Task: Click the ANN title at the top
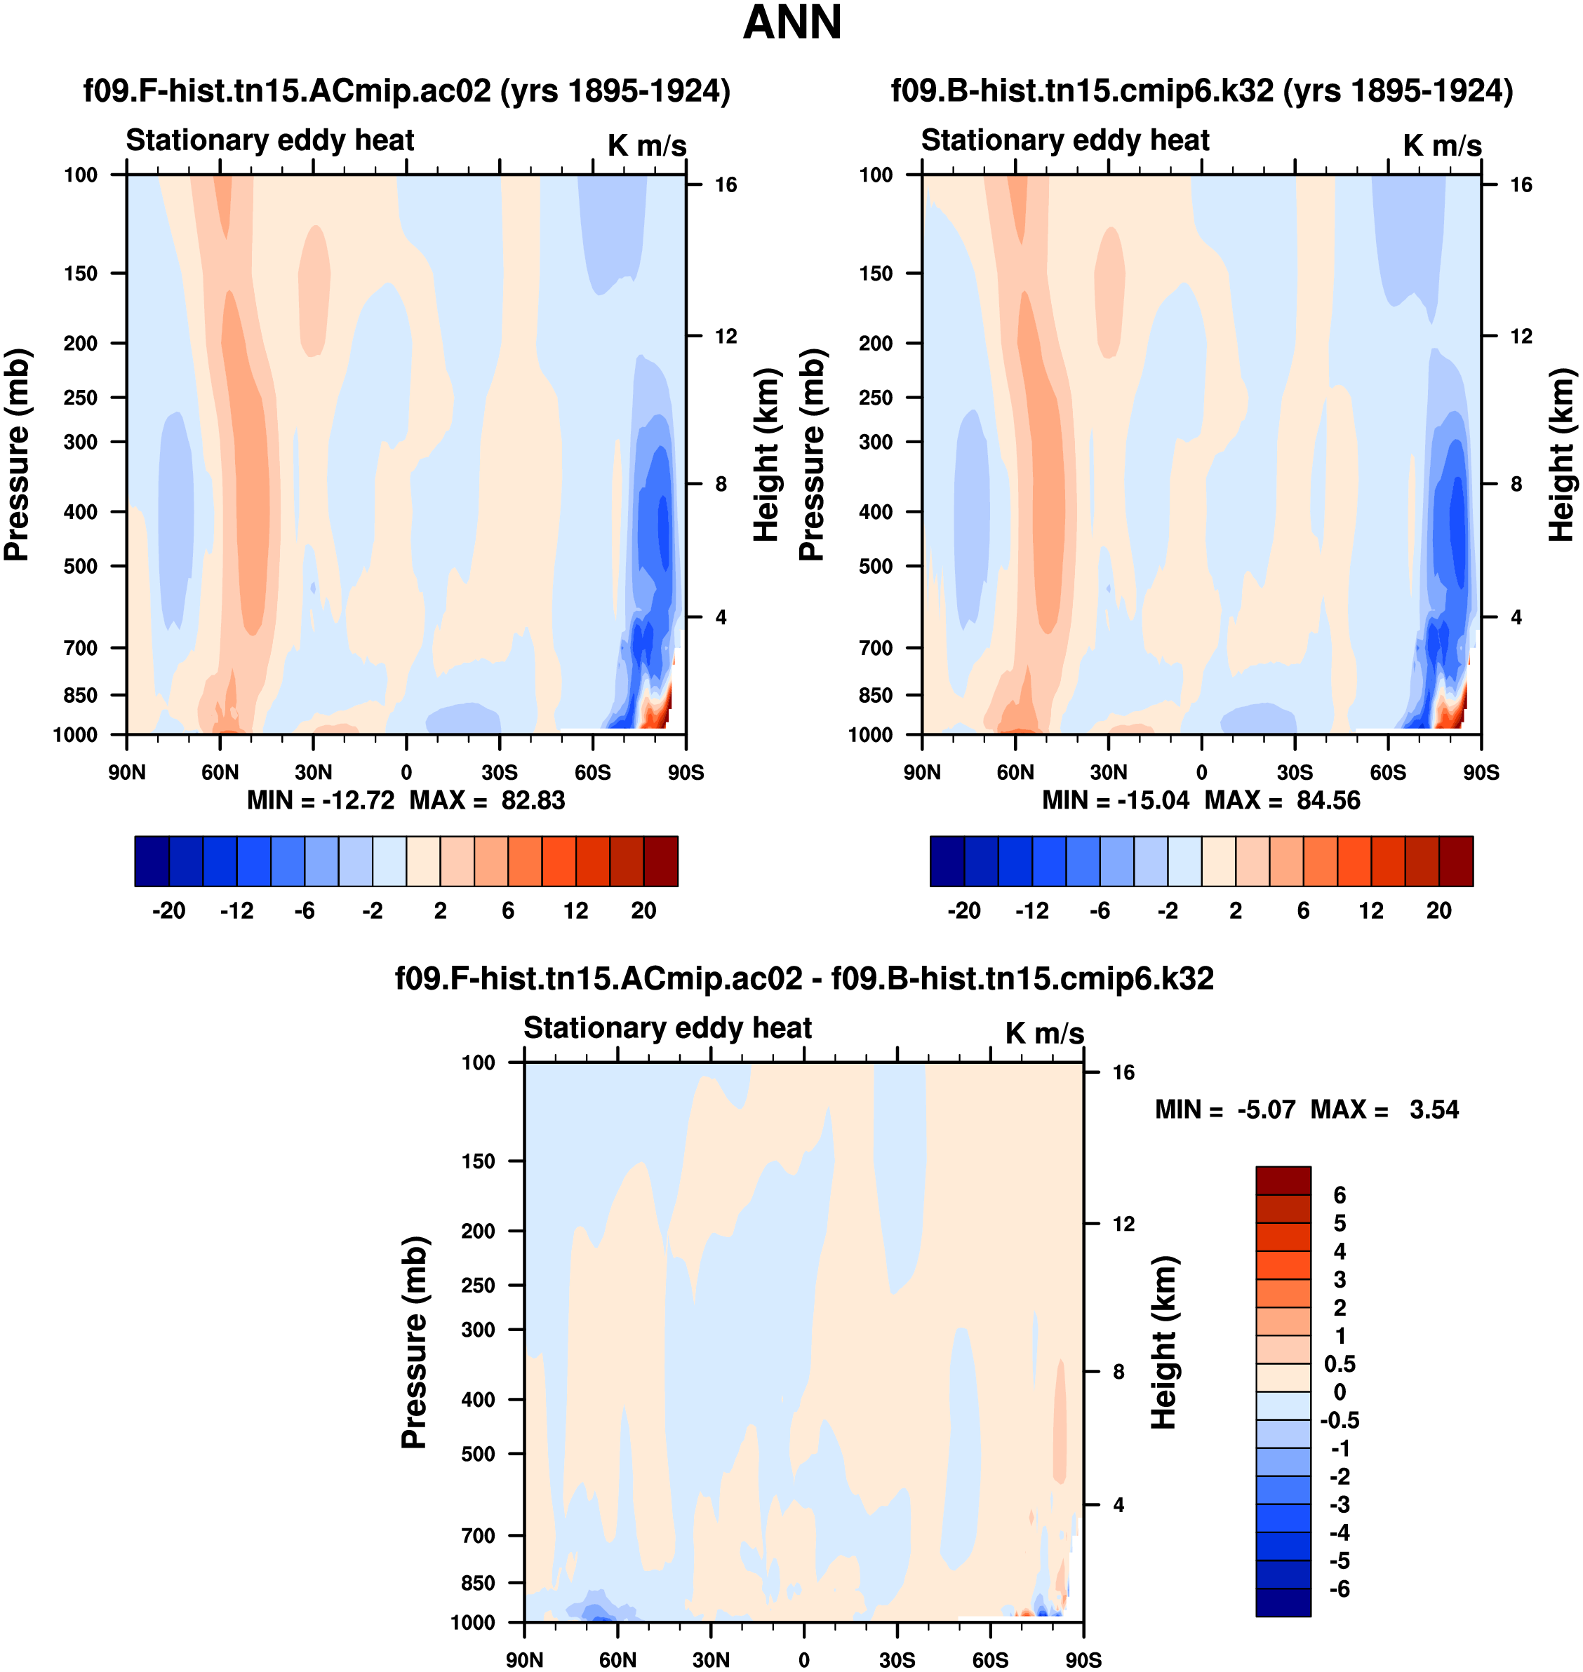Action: coord(791,22)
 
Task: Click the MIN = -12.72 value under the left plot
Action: coord(320,800)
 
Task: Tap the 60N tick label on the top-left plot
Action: coord(220,772)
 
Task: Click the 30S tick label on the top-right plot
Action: coord(1295,772)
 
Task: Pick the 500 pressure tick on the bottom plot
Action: coord(478,1453)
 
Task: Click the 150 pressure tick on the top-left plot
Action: coord(80,274)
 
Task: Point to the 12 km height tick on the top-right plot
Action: coord(1521,337)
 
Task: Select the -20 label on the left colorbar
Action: coord(168,910)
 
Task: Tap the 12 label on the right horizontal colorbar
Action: coord(1370,910)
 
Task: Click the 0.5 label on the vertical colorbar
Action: coord(1339,1364)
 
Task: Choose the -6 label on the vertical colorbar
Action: coord(1339,1589)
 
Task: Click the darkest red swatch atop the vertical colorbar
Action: coord(1283,1180)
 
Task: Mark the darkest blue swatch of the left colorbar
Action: coord(152,861)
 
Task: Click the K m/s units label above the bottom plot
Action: coord(1044,1033)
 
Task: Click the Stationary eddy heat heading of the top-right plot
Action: coord(1065,140)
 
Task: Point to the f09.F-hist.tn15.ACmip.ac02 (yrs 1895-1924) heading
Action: coord(406,90)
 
